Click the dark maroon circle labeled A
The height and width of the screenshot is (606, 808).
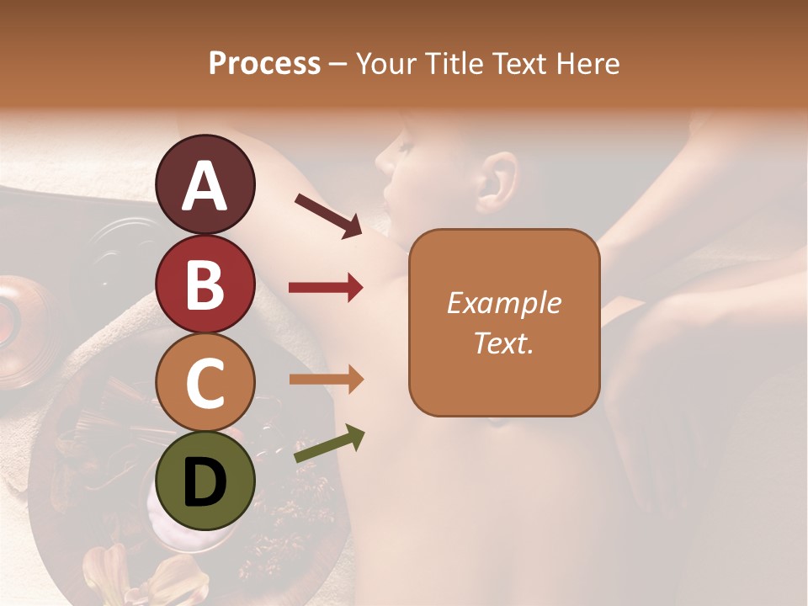(x=205, y=184)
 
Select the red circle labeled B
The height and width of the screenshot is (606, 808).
(x=205, y=284)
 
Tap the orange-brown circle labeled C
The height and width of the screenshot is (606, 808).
(x=205, y=382)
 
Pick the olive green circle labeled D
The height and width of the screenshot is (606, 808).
(x=205, y=481)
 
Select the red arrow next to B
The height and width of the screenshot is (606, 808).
(x=326, y=288)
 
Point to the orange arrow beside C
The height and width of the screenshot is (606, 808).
(x=326, y=380)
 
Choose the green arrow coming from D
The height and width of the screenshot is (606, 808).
(x=329, y=444)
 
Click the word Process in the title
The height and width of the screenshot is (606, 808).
(x=264, y=64)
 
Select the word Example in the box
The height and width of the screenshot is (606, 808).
(x=503, y=303)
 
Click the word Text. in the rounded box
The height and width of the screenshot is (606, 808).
(x=503, y=343)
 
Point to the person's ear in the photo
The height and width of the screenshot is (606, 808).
(x=497, y=181)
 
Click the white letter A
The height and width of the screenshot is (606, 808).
(x=205, y=186)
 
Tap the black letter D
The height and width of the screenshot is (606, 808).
(x=205, y=482)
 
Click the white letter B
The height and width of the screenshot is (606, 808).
(x=205, y=284)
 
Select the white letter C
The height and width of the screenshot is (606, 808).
(x=205, y=383)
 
